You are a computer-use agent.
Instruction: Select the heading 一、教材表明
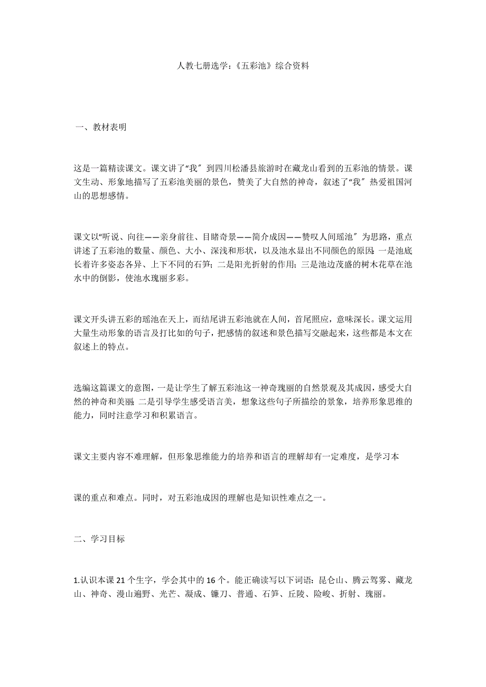pos(101,127)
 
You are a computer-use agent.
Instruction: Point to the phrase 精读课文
pos(121,169)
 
